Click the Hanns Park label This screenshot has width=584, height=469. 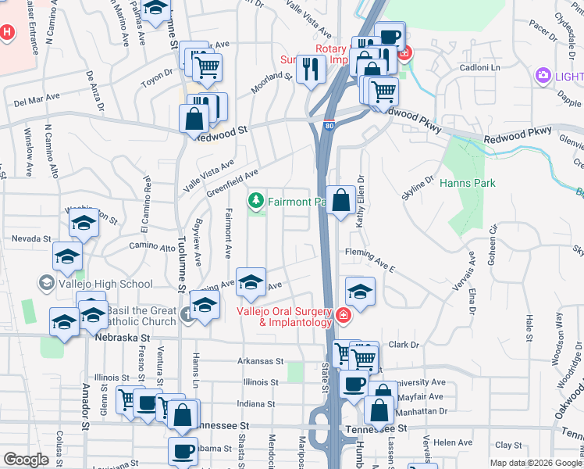pos(468,183)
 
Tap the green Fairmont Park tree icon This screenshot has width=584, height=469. pos(255,202)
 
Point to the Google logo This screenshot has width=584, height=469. pos(26,460)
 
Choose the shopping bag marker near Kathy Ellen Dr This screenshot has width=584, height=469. pos(340,201)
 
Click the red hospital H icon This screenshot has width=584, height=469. pos(6,34)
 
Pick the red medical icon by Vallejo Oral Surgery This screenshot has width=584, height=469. pos(343,315)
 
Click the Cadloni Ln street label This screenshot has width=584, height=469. pos(479,68)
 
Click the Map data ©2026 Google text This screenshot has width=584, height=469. pos(535,463)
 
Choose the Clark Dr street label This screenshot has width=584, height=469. pos(404,344)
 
